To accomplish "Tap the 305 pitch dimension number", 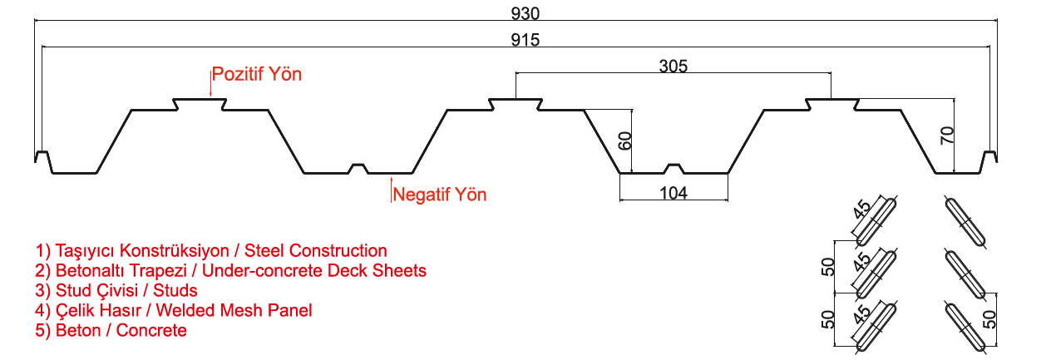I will point(673,66).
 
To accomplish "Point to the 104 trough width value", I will point(674,193).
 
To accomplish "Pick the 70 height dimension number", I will point(946,136).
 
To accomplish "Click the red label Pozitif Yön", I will point(257,74).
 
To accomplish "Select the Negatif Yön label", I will point(440,195).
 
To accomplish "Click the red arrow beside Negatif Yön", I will point(391,188).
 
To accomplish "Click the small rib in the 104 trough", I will point(674,169).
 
